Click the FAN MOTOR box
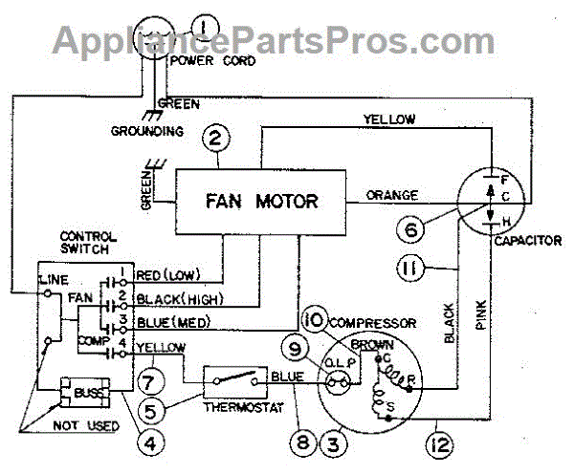coord(259,202)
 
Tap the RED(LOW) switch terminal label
coord(167,277)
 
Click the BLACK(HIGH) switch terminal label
coord(177,298)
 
